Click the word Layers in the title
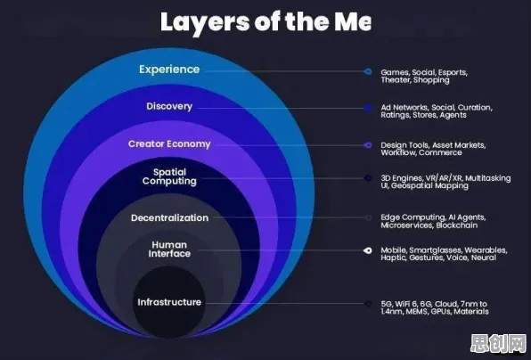205,23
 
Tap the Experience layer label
169,70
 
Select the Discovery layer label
169,106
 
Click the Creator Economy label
169,144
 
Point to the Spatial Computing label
169,176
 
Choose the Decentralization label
169,217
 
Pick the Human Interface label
169,250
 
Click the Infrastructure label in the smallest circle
169,302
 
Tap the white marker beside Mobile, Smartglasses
368,250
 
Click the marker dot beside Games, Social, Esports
368,71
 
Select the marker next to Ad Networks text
368,109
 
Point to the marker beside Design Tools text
368,145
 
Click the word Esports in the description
453,72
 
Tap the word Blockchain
457,225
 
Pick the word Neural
484,258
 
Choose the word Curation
475,107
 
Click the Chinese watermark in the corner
498,344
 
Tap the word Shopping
431,80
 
